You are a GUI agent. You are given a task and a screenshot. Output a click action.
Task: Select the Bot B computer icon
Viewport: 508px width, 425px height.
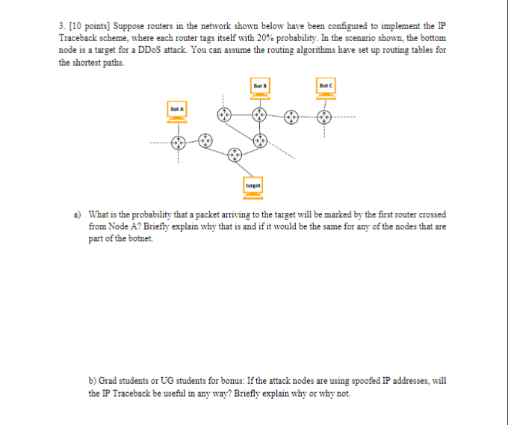point(259,90)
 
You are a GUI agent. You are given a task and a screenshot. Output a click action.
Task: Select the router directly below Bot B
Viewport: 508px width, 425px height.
point(259,114)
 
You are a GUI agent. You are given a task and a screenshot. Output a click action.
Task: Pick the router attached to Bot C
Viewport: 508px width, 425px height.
point(324,117)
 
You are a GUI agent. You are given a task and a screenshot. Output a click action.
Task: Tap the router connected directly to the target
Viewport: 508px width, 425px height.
point(235,155)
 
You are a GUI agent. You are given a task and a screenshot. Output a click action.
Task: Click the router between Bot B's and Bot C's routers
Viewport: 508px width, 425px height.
point(292,117)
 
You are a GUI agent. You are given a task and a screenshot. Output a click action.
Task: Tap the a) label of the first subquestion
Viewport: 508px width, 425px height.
point(77,214)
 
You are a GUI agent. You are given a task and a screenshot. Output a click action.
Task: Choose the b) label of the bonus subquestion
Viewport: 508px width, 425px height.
point(93,380)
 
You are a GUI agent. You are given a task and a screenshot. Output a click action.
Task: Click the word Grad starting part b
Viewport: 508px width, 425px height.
point(112,380)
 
